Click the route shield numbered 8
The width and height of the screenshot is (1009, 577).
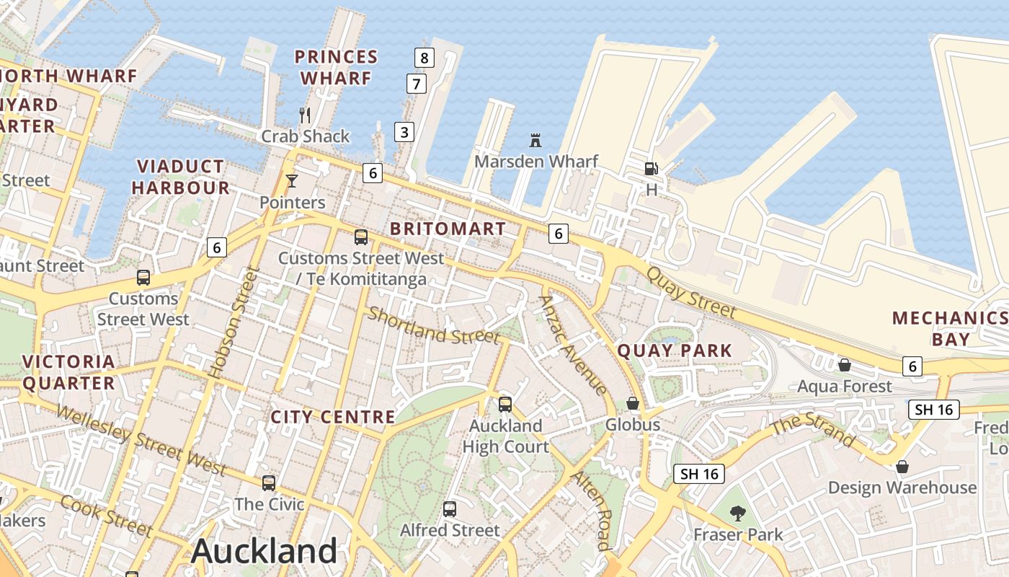[x=425, y=57]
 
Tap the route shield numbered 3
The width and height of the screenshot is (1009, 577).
[x=404, y=132]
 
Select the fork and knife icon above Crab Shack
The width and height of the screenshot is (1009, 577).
[x=305, y=115]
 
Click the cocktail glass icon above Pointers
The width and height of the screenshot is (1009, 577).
[x=292, y=180]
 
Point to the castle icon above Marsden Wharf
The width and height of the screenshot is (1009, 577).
[x=535, y=140]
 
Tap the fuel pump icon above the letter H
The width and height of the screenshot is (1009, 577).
[x=651, y=169]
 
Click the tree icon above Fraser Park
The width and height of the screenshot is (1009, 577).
[x=737, y=514]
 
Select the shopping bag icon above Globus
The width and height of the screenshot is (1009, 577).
[x=633, y=402]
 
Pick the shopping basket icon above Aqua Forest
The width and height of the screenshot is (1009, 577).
[x=844, y=365]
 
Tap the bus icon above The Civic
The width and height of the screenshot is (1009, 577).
[x=269, y=483]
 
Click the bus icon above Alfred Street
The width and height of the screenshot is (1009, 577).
[x=450, y=508]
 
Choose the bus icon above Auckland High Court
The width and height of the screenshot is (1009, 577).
[x=505, y=404]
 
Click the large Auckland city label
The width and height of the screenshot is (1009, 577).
[x=264, y=552]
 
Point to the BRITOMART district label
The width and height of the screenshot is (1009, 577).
[x=448, y=229]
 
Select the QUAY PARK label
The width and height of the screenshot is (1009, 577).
[x=675, y=351]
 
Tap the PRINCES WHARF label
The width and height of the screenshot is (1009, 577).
[x=336, y=67]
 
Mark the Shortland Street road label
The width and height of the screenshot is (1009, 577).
[x=433, y=325]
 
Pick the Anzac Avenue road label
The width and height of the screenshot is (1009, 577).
[x=574, y=345]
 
